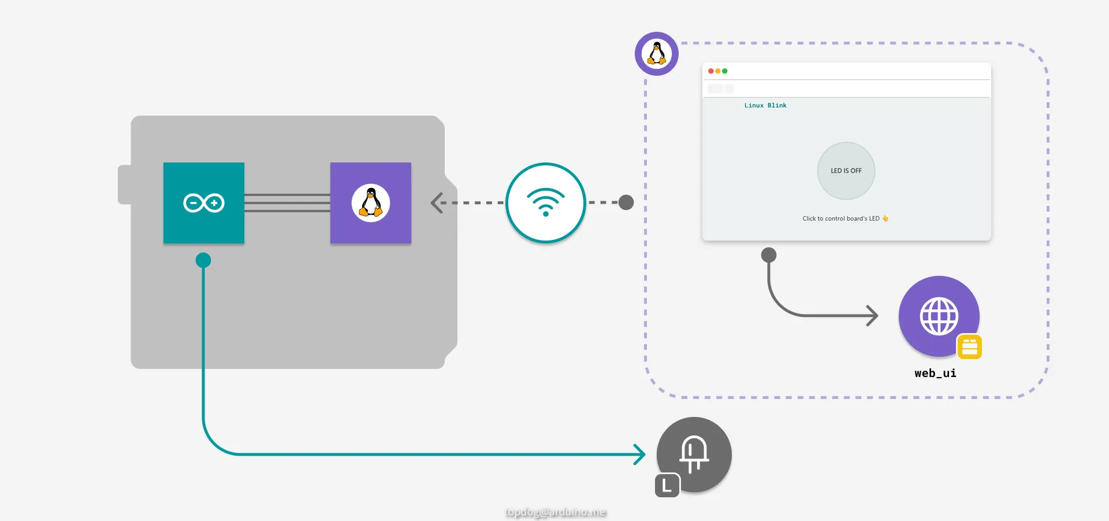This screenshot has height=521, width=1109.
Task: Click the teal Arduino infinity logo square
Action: click(x=204, y=203)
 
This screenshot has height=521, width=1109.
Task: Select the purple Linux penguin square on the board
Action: click(x=371, y=203)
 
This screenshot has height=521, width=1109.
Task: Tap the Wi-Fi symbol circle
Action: click(x=546, y=203)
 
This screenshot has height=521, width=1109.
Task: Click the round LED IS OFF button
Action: click(x=846, y=171)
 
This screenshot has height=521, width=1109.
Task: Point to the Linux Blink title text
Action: click(x=765, y=106)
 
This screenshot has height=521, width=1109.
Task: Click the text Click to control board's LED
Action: click(x=841, y=219)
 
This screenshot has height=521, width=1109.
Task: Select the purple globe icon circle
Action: click(x=939, y=316)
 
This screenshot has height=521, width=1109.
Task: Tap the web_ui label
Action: click(x=935, y=374)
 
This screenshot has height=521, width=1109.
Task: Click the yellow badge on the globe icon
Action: click(x=970, y=347)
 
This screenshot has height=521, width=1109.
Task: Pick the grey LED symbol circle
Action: click(x=694, y=455)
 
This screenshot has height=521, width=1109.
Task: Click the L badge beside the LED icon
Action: click(x=667, y=486)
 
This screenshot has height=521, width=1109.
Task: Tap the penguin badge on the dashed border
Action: click(x=657, y=54)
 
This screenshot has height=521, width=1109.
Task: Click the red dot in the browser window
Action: click(x=711, y=71)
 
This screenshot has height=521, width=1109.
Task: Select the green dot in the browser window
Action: click(x=725, y=71)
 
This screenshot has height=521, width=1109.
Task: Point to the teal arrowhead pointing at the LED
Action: click(x=640, y=455)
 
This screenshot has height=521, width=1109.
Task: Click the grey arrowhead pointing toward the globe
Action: click(x=873, y=316)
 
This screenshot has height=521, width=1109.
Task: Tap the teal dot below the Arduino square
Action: click(x=203, y=260)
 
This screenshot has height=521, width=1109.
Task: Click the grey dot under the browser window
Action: click(x=769, y=255)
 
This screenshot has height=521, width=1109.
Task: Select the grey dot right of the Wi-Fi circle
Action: click(x=626, y=202)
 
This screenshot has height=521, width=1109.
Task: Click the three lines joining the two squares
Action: click(x=287, y=203)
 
